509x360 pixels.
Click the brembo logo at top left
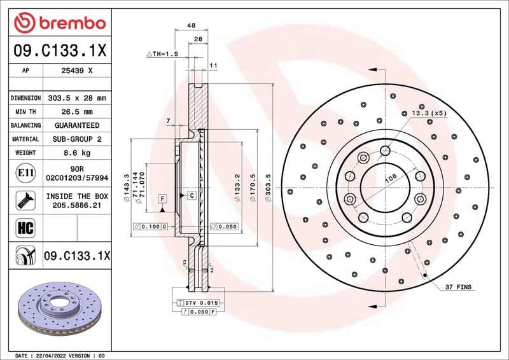point(59,24)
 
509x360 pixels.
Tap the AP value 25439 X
point(76,71)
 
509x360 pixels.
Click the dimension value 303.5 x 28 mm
point(76,99)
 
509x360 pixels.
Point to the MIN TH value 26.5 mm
point(76,112)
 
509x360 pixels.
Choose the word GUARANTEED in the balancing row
point(76,125)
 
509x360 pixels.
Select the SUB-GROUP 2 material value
point(76,139)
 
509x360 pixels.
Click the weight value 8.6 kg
point(76,153)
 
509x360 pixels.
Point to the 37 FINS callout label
point(458,287)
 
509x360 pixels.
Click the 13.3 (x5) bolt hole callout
point(431,113)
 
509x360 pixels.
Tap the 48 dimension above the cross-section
point(191,25)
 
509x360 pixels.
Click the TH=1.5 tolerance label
point(162,54)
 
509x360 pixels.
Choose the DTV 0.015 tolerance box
point(200,303)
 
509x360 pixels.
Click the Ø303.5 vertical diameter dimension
point(268,189)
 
